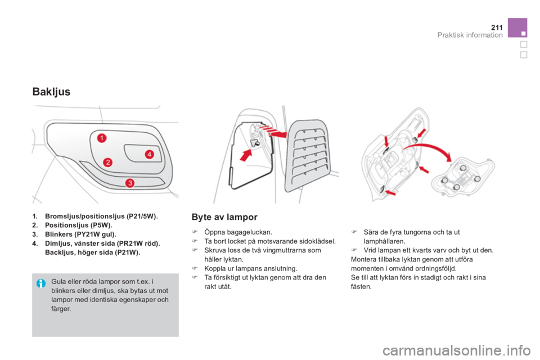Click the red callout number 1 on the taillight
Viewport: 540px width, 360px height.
(102, 138)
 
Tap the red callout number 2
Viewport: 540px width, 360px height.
(108, 162)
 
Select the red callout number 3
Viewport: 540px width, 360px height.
(129, 183)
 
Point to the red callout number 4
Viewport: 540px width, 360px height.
(149, 154)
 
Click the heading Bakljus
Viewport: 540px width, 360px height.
(51, 92)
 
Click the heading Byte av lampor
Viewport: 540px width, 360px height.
(224, 217)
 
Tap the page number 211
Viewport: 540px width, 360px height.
(497, 27)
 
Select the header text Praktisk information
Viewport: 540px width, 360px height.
(470, 35)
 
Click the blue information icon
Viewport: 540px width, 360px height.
(40, 283)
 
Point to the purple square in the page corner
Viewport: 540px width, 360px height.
(517, 28)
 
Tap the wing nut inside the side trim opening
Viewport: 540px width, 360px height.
(255, 143)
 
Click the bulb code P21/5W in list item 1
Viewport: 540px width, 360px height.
(142, 217)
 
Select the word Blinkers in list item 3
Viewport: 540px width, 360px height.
(58, 234)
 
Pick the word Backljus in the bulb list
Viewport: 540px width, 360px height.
(59, 253)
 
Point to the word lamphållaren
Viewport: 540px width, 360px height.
(384, 241)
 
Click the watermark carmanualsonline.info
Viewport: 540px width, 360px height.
(456, 350)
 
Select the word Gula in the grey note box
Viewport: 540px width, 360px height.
(57, 281)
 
